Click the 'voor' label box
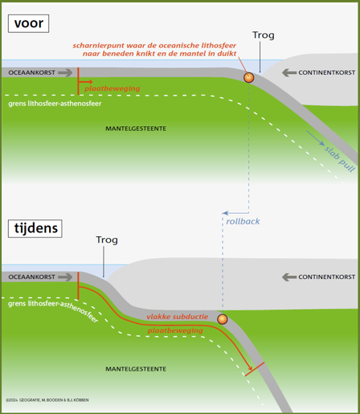(28, 23)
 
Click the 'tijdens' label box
(35, 228)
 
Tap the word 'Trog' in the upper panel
(264, 35)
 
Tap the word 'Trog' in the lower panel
(107, 240)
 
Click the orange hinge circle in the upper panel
(248, 77)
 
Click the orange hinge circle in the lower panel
(223, 319)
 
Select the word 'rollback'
(243, 221)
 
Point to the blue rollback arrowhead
(225, 213)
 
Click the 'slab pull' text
(340, 159)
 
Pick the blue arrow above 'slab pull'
(315, 138)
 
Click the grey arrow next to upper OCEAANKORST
(65, 72)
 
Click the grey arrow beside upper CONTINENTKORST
(289, 72)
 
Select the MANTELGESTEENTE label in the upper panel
(136, 129)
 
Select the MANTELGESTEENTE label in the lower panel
(136, 369)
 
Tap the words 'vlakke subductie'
(178, 317)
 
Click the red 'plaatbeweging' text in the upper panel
(112, 88)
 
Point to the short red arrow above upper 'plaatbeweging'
(85, 82)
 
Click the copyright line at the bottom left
(47, 400)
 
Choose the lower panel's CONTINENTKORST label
(327, 277)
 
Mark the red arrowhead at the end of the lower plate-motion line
(250, 368)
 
